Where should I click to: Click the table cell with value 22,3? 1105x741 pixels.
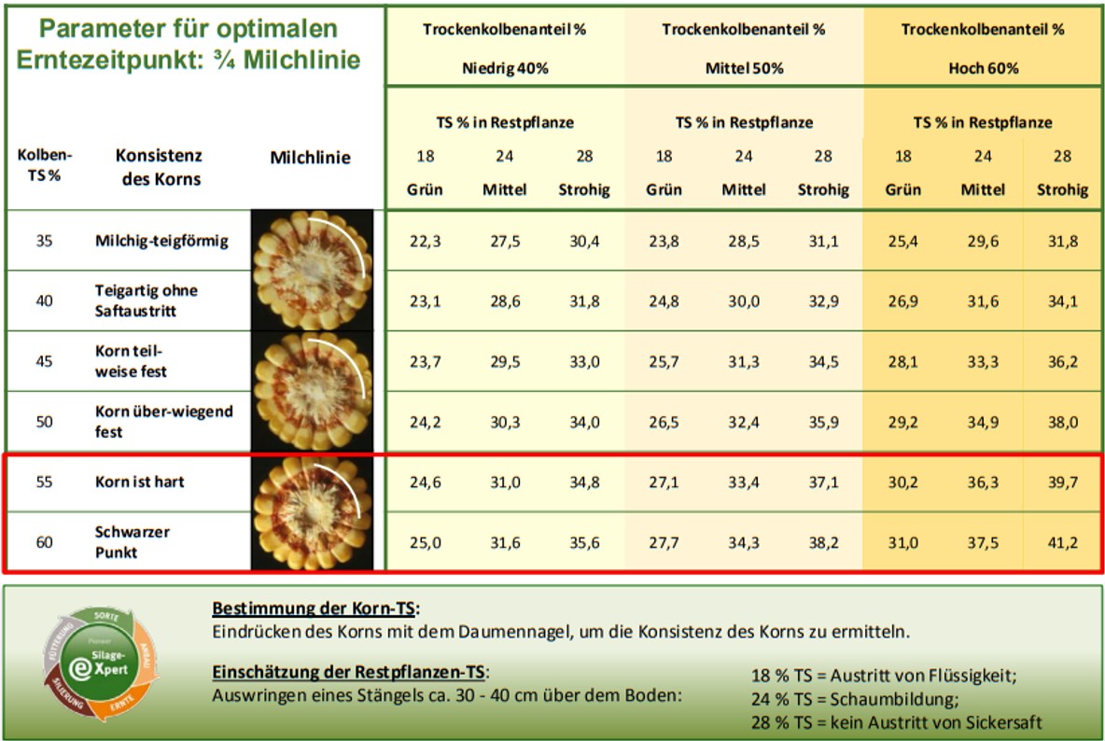(x=426, y=242)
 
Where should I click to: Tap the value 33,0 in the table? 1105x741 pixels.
(x=583, y=362)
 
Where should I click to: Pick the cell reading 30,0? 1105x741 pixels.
(x=743, y=301)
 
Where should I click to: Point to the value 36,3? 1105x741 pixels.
(x=982, y=482)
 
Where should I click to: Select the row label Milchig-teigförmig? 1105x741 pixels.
(x=161, y=242)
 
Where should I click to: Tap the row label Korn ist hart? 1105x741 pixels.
(x=140, y=482)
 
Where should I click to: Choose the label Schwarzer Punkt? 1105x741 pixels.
(x=133, y=542)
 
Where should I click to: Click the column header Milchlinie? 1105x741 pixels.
(x=310, y=158)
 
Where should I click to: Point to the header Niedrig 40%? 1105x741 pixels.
(x=505, y=68)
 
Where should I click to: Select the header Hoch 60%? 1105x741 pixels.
(x=983, y=68)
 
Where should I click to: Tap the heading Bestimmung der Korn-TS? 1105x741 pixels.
(x=315, y=609)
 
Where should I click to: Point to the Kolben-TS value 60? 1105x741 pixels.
(x=44, y=542)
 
